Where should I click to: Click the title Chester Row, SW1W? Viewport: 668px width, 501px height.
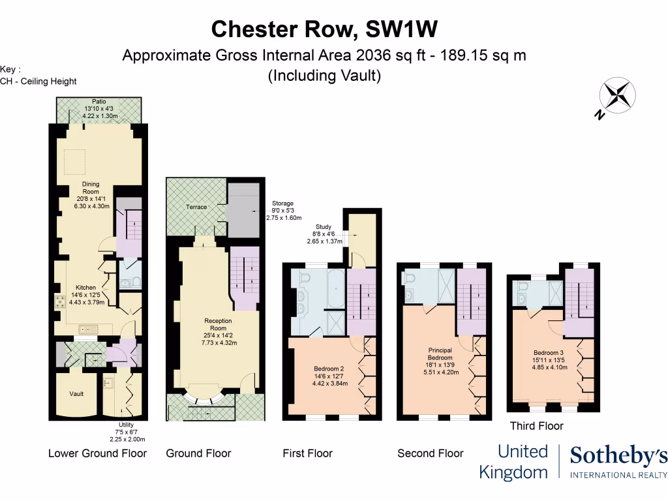[324, 29]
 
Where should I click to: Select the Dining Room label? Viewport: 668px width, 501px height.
[91, 185]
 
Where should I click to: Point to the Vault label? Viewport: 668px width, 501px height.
[76, 394]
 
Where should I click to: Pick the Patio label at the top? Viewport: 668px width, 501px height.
[99, 102]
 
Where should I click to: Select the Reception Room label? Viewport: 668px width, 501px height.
[218, 321]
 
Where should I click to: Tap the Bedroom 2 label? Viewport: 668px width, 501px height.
[328, 369]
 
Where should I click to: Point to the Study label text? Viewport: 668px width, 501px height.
[324, 226]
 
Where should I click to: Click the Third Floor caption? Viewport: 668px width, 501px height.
[536, 426]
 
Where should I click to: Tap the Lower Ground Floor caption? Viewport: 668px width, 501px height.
[97, 453]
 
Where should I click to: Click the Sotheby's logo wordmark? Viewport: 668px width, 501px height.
[618, 457]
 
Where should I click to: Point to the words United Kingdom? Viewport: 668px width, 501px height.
[513, 461]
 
